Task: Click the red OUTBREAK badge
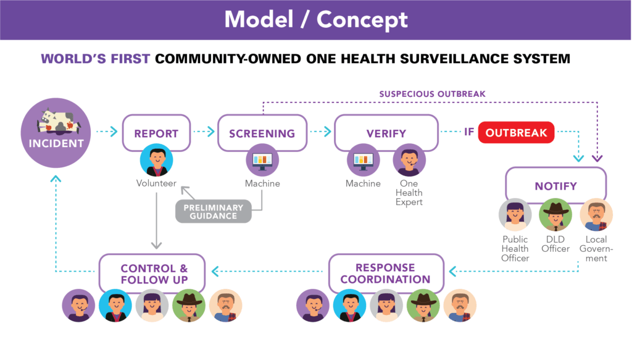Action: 516,133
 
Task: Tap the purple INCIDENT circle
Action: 56,133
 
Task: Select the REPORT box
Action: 156,133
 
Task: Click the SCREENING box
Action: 262,133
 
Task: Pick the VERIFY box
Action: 386,133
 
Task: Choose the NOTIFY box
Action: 556,186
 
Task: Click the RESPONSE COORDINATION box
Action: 386,274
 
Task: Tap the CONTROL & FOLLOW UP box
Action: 152,274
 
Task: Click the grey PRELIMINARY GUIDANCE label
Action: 213,212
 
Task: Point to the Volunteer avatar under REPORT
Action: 156,160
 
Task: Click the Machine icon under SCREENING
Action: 262,160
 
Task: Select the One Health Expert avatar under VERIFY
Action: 409,160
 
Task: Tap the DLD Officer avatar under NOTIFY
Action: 555,215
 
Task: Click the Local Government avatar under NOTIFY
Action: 596,215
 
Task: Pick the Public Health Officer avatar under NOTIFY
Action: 515,215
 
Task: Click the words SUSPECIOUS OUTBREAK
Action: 432,94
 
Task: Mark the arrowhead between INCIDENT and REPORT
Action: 114,132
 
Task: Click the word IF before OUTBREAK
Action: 469,132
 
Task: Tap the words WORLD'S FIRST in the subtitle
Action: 96,59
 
